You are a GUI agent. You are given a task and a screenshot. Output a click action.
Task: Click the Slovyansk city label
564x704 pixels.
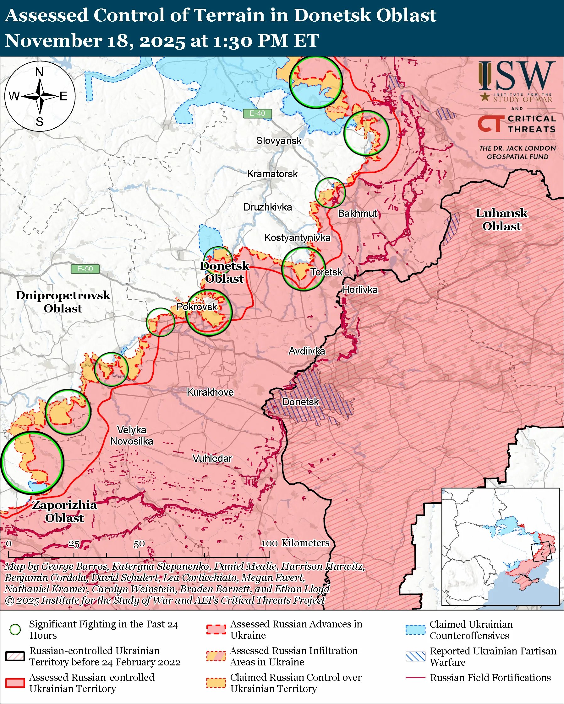(279, 141)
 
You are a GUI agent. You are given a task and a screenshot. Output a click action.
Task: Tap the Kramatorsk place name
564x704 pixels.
(272, 174)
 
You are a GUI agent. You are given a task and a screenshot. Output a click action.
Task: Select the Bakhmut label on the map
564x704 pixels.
(357, 214)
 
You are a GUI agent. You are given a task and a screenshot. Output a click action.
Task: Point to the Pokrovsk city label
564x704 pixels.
(197, 307)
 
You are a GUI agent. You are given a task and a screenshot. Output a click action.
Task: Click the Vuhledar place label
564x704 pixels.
(212, 458)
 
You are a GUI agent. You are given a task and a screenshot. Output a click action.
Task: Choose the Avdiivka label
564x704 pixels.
(307, 351)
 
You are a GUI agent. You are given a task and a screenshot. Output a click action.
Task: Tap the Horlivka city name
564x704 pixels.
(360, 290)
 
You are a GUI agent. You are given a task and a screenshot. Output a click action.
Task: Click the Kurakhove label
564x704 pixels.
(210, 392)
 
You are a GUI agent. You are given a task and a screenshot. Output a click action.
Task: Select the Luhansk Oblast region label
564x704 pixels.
(501, 220)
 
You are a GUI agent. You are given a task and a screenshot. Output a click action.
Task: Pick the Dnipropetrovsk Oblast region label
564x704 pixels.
(63, 302)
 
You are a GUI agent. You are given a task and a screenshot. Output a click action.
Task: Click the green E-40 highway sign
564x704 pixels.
(257, 113)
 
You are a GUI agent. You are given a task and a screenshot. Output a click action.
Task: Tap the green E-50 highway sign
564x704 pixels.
(85, 269)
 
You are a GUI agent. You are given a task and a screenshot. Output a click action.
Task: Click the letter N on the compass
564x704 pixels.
(39, 72)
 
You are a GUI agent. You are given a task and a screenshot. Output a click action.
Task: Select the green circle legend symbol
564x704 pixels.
(15, 629)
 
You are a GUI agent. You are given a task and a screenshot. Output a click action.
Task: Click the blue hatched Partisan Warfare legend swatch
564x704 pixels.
(415, 656)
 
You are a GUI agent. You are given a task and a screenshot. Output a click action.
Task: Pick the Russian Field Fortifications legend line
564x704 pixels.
(415, 678)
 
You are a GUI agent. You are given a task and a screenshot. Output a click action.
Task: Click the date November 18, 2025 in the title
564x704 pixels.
(95, 41)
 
